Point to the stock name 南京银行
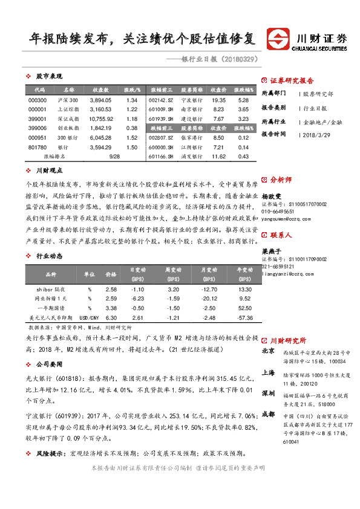pos(191,109)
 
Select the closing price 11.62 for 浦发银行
pos(218,157)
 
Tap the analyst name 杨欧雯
pos(272,197)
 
